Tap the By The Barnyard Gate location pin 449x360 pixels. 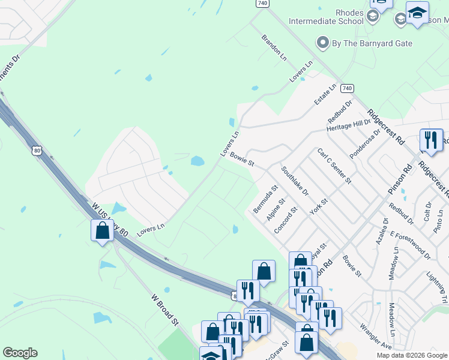pyautogui.click(x=323, y=43)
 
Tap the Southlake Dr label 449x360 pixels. pyautogui.click(x=294, y=181)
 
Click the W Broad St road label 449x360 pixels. pyautogui.click(x=166, y=309)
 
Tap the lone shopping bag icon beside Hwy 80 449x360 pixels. pyautogui.click(x=102, y=231)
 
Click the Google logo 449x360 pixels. pyautogui.click(x=20, y=353)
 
